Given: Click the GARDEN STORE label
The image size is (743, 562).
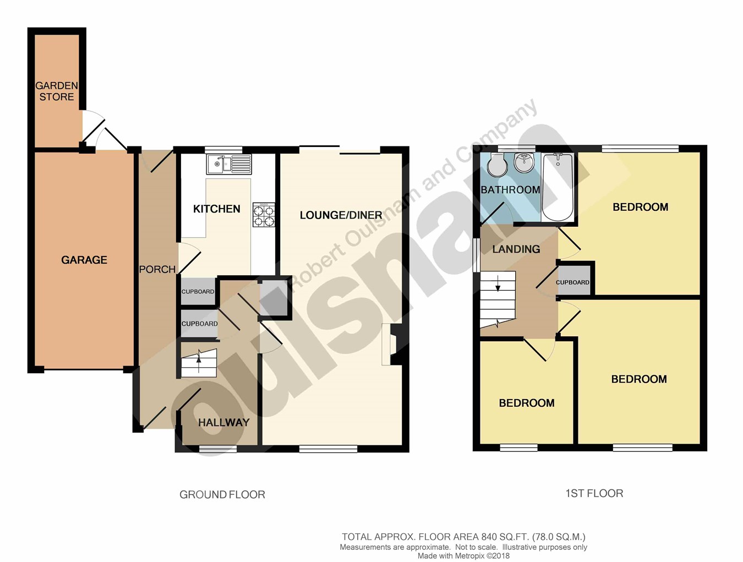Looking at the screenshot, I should [x=57, y=91].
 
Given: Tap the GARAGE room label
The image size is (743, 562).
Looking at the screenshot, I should [x=84, y=260].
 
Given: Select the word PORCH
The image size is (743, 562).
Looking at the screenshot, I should [x=157, y=269].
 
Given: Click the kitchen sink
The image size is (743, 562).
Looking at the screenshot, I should [x=229, y=163].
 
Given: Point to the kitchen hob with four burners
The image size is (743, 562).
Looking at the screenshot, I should [x=264, y=215].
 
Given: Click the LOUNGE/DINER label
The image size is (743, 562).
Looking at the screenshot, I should [x=341, y=215].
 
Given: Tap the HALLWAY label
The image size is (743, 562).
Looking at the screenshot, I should [x=223, y=423].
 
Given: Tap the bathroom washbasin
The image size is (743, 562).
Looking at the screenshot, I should [x=523, y=162].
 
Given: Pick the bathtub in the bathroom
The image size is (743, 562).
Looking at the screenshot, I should [x=558, y=187].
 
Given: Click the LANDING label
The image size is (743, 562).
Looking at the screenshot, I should [x=516, y=249].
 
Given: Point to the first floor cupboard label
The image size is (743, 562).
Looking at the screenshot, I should [x=572, y=282].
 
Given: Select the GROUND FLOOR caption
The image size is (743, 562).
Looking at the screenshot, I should [x=222, y=495].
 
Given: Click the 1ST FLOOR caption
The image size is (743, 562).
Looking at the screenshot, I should [x=594, y=494].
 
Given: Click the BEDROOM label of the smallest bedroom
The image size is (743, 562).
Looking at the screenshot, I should [x=526, y=403].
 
